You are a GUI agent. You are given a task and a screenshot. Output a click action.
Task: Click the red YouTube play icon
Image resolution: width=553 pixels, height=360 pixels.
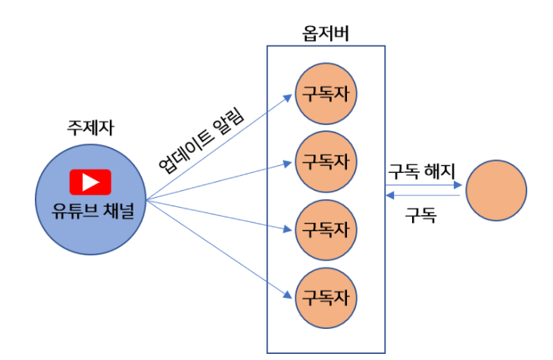(x=90, y=182)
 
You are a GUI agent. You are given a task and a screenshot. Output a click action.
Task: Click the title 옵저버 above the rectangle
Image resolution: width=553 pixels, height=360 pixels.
(x=325, y=33)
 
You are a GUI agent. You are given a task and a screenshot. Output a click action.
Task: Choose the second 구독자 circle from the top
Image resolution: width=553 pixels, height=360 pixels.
(x=326, y=161)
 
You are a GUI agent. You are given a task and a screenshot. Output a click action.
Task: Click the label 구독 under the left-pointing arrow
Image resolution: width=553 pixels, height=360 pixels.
(x=421, y=214)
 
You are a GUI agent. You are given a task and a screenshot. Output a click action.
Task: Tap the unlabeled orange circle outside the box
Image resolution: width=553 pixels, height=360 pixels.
(x=495, y=190)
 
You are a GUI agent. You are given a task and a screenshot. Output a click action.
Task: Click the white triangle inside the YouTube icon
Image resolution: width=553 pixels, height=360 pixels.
(x=91, y=182)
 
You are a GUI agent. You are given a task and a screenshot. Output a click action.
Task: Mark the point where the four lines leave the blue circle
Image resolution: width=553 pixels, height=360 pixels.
(x=145, y=200)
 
